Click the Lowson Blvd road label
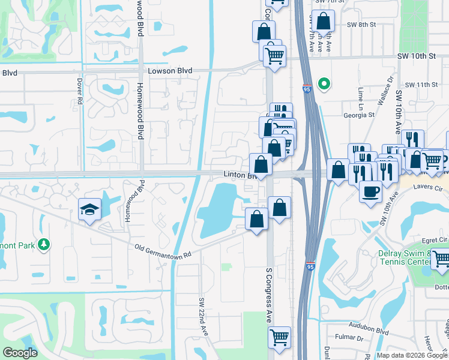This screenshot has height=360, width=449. click(x=170, y=71)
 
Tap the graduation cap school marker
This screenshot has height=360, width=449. click(x=89, y=209)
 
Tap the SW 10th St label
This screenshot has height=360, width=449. click(x=415, y=56)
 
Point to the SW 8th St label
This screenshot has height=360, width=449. click(x=361, y=25)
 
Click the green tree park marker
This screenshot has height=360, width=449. click(x=43, y=244)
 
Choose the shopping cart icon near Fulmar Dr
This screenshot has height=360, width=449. click(x=279, y=337)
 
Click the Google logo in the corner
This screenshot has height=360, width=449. click(x=20, y=353)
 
